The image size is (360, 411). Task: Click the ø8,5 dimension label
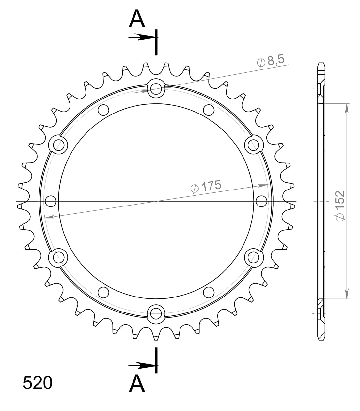[271, 61]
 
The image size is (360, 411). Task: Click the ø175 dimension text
[206, 187]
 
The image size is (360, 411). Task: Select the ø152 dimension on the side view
[340, 206]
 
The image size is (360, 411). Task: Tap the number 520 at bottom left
[38, 383]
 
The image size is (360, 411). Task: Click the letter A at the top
[137, 19]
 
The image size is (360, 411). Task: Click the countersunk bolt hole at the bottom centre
[156, 314]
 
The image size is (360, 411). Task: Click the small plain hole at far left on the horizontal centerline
[51, 201]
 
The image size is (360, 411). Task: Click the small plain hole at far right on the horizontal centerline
[261, 201]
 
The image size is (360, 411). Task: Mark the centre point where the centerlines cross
[156, 201]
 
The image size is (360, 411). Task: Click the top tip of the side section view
[321, 63]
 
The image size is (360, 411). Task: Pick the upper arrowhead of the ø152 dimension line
[347, 108]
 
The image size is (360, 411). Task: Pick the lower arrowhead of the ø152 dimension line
[347, 294]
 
